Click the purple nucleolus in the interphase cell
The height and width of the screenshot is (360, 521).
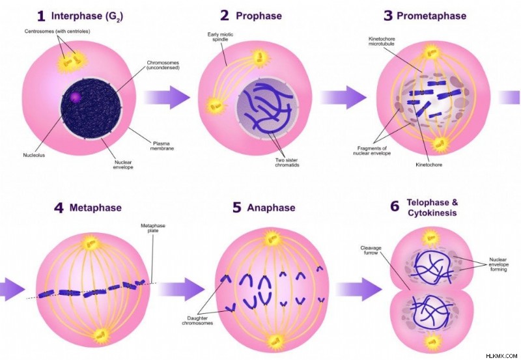click(x=76, y=97)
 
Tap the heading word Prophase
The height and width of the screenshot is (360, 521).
click(x=259, y=16)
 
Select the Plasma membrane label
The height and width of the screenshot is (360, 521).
click(x=162, y=146)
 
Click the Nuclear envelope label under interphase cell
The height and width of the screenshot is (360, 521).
click(x=123, y=165)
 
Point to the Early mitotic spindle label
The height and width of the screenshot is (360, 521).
click(x=220, y=36)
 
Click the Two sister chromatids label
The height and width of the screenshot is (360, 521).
click(x=287, y=162)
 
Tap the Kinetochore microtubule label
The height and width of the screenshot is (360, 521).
click(x=382, y=41)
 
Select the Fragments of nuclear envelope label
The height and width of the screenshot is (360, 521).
click(x=372, y=150)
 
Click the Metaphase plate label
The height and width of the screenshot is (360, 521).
click(x=153, y=228)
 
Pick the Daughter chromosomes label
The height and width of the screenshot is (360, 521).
click(x=197, y=320)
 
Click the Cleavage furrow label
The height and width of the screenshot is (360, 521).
click(x=371, y=250)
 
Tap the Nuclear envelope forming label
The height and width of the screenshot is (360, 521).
click(x=498, y=264)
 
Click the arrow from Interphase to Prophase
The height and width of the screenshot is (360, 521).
click(x=167, y=97)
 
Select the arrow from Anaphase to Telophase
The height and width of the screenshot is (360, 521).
click(x=359, y=289)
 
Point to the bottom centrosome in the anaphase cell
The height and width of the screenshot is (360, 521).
click(x=275, y=341)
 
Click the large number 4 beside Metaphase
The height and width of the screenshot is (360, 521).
click(x=59, y=208)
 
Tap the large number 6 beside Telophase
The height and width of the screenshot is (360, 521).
click(x=395, y=206)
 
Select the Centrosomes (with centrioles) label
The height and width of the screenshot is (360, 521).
click(x=57, y=31)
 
